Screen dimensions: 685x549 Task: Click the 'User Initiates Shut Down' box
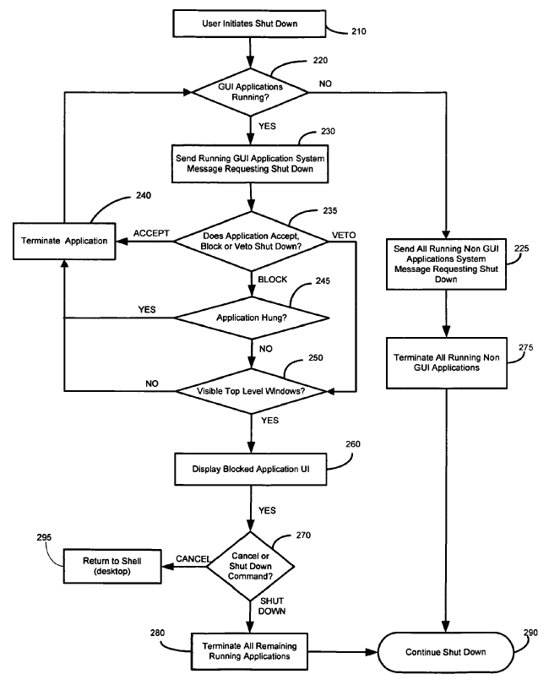(x=251, y=23)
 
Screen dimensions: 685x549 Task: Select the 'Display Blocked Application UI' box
(x=251, y=470)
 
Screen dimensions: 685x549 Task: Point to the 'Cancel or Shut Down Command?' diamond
(x=252, y=564)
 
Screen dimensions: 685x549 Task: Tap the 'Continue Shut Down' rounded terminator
(x=446, y=651)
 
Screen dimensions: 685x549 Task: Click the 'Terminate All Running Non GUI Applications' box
(x=446, y=363)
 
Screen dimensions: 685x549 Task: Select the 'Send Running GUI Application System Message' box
(x=251, y=163)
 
